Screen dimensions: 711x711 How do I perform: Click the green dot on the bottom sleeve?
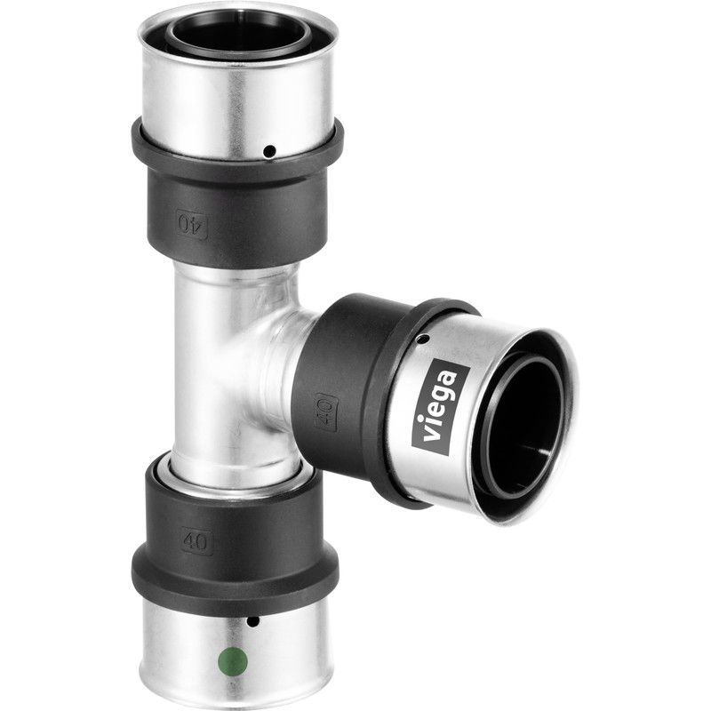[x=232, y=661]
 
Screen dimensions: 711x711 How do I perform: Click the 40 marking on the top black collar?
[x=192, y=221]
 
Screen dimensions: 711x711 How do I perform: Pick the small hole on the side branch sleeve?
[x=422, y=339]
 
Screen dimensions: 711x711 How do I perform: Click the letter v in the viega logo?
[x=438, y=435]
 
